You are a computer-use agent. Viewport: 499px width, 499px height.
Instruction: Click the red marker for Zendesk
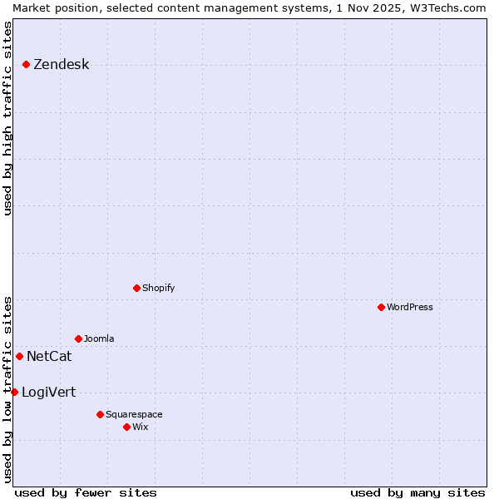pos(26,64)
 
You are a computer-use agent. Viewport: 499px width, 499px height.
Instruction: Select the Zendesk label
pos(61,65)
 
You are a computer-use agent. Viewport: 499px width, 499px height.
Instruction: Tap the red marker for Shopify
pos(136,288)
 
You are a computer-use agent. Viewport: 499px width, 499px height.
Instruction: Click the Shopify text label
pos(158,288)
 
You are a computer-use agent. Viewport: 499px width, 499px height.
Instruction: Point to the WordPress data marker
pos(381,307)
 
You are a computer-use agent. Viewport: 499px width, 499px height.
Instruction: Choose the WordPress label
pos(409,307)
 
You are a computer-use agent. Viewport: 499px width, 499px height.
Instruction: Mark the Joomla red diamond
pos(78,338)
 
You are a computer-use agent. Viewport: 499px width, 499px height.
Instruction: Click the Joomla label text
pos(99,338)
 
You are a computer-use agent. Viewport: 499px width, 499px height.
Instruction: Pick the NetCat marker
pos(19,356)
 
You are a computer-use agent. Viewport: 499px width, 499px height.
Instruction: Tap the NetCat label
pos(49,357)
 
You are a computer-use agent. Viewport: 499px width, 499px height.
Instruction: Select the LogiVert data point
pos(14,392)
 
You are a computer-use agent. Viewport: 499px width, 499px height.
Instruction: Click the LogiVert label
pos(48,393)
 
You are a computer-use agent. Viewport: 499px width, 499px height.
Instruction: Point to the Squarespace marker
pos(100,414)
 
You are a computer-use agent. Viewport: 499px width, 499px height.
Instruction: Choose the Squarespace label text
pos(134,414)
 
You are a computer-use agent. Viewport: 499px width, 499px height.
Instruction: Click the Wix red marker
pos(126,427)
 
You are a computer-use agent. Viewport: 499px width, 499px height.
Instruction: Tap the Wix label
pos(140,427)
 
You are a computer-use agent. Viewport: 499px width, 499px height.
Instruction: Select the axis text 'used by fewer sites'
pos(86,492)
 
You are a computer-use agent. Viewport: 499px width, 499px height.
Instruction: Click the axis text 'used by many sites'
pos(417,492)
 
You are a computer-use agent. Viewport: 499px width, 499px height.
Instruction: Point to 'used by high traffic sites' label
pos(7,118)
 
